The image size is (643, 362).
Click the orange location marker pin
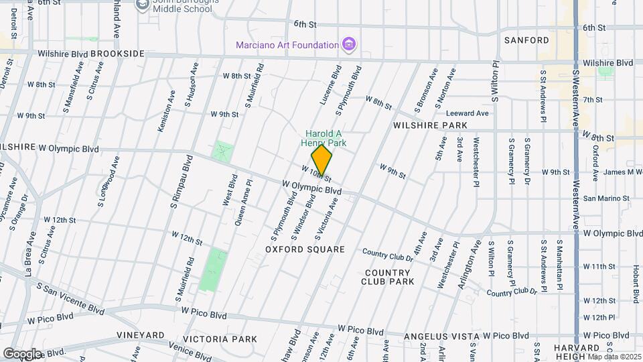click(322, 160)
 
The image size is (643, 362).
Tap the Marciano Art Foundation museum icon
click(348, 45)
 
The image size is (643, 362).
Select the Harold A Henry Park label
click(326, 138)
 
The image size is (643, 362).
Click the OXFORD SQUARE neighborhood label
click(305, 249)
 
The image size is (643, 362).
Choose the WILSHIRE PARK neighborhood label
click(430, 125)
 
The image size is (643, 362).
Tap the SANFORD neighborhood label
click(526, 40)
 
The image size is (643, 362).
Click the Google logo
click(22, 353)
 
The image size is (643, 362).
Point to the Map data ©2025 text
click(614, 356)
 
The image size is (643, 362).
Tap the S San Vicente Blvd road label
click(70, 298)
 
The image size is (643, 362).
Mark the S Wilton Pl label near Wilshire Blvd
click(496, 82)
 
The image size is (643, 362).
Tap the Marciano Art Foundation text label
click(287, 45)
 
